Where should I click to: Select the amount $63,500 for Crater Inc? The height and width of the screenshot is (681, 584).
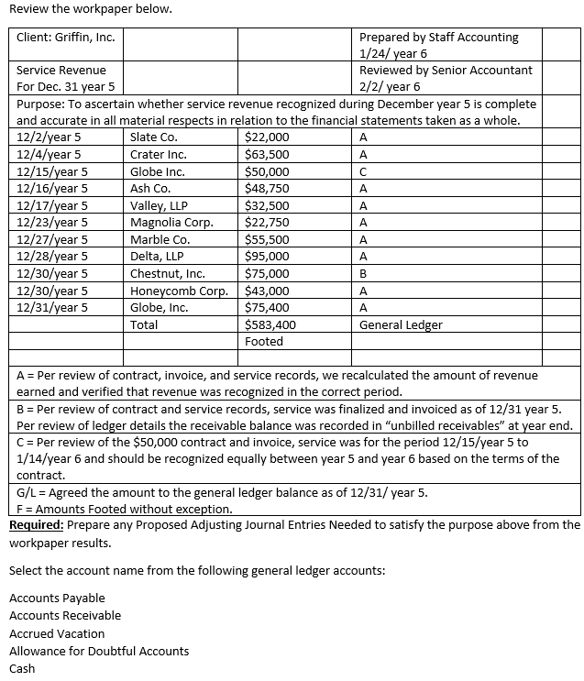pos(268,154)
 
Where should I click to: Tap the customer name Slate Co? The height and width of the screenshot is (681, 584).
pos(154,137)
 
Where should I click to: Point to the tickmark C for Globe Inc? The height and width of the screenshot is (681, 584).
pos(364,171)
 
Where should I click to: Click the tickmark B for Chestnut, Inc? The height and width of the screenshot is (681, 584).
pos(364,273)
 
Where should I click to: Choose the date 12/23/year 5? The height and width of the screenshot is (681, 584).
pos(52,222)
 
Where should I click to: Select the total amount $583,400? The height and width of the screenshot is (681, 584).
pos(270,324)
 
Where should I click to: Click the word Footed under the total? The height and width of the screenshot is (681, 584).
pos(264,341)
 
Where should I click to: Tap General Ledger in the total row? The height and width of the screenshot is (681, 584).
pos(401,324)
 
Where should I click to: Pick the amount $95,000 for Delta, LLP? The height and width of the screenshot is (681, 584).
pos(268,256)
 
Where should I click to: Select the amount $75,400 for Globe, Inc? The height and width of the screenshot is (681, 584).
pos(268,307)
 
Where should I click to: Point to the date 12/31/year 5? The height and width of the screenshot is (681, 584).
pos(52,307)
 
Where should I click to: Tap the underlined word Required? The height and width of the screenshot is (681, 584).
pos(37,525)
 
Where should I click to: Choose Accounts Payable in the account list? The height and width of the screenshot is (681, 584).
pos(57,598)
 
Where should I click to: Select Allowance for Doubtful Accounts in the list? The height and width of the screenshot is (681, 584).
pos(99,651)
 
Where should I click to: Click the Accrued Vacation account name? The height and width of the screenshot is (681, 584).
pos(57,633)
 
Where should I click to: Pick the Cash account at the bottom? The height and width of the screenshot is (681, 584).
pos(22,668)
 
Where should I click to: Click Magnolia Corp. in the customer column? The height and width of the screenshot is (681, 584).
pos(171,222)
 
